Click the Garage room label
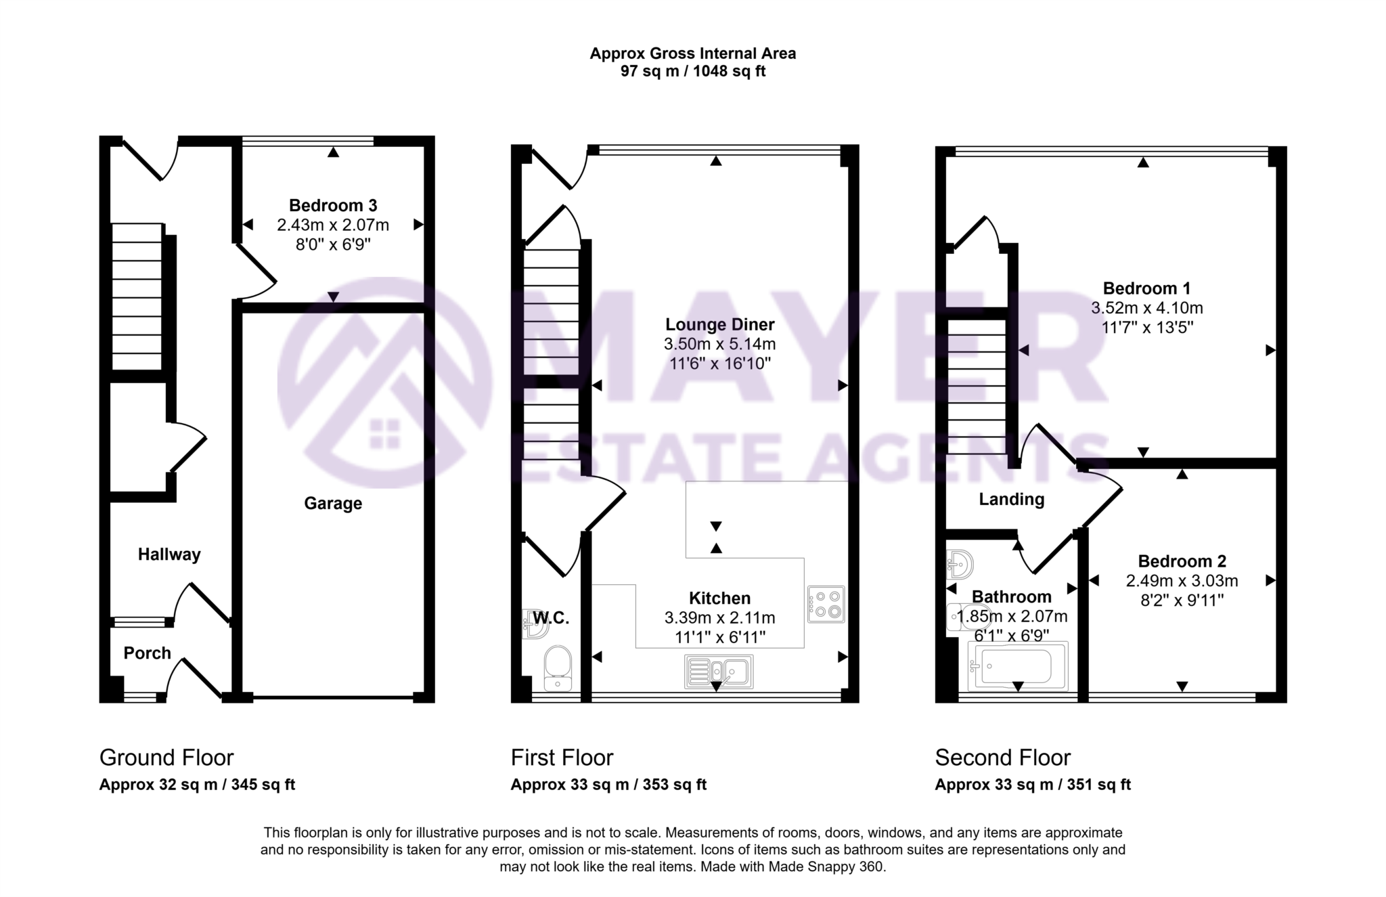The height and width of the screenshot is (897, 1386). pyautogui.click(x=332, y=503)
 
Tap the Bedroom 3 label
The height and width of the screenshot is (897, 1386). pyautogui.click(x=332, y=205)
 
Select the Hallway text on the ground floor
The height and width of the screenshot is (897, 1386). pyautogui.click(x=169, y=554)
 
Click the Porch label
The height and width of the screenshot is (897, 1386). pyautogui.click(x=147, y=653)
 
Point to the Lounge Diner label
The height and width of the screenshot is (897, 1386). pyautogui.click(x=719, y=324)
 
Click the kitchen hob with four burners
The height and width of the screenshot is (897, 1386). pyautogui.click(x=826, y=604)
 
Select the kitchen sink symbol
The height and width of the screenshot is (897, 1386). pyautogui.click(x=719, y=671)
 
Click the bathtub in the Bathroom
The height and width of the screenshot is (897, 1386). pyautogui.click(x=1017, y=666)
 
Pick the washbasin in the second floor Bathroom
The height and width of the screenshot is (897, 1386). pyautogui.click(x=960, y=563)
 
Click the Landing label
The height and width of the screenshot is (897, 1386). pyautogui.click(x=1011, y=500)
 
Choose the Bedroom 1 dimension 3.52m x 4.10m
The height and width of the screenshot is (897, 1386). pyautogui.click(x=1146, y=308)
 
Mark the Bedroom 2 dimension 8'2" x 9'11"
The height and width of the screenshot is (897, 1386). pyautogui.click(x=1182, y=600)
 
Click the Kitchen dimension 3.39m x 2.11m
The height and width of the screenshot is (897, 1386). pyautogui.click(x=719, y=617)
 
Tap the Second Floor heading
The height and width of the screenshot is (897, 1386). pyautogui.click(x=1002, y=757)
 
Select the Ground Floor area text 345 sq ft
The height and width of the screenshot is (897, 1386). pyautogui.click(x=263, y=785)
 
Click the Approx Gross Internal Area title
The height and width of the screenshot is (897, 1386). pyautogui.click(x=692, y=53)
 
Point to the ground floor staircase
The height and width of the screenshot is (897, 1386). pyautogui.click(x=137, y=298)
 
